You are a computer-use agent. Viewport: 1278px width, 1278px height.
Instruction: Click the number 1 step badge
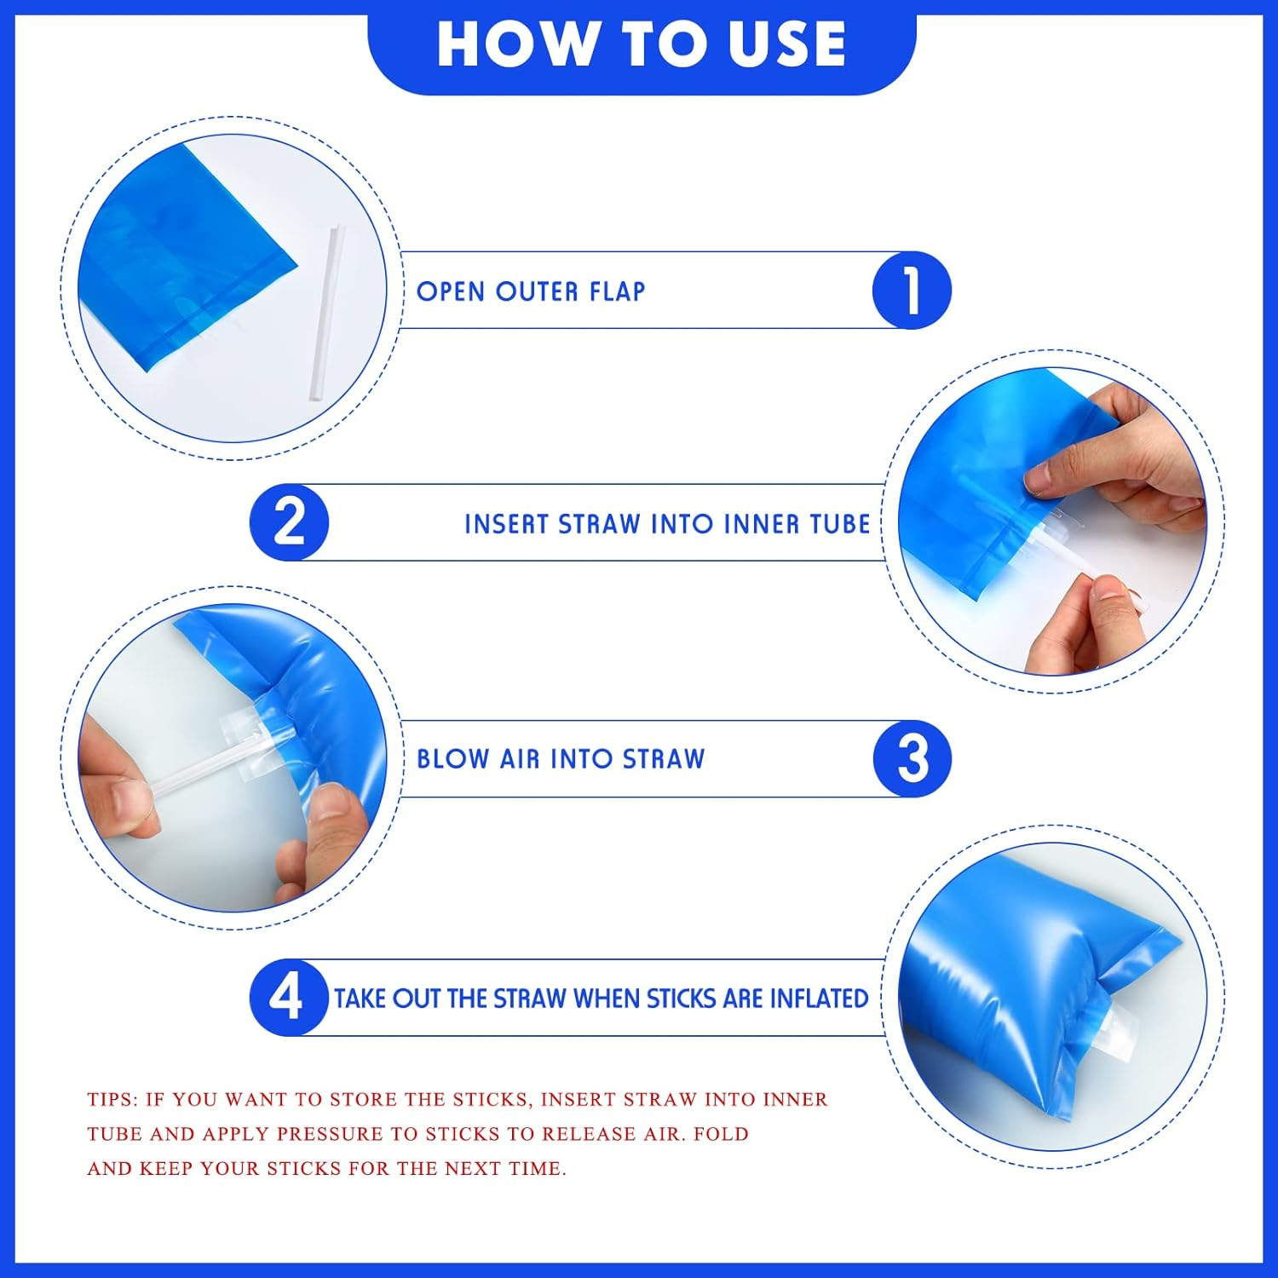912,291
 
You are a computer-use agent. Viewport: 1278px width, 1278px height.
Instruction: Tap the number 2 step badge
289,522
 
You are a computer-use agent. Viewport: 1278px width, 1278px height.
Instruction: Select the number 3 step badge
912,758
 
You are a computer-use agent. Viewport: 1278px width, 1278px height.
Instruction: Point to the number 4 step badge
287,997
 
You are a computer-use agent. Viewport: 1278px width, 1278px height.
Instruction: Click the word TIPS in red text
112,1099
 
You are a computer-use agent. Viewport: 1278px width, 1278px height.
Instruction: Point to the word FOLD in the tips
721,1134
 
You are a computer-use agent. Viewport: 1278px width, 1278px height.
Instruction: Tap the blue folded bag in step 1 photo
179,256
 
